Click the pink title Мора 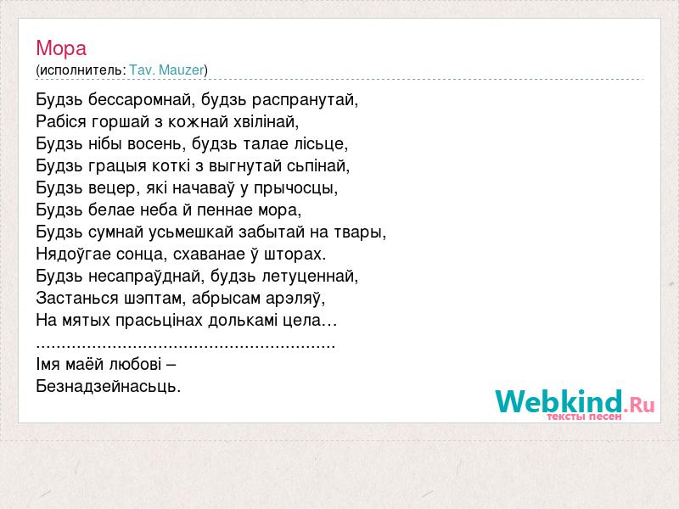61,48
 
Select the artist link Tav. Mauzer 166,70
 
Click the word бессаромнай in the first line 138,100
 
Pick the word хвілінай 264,122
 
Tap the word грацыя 117,166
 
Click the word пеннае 225,210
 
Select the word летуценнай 308,277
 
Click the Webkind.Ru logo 575,405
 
